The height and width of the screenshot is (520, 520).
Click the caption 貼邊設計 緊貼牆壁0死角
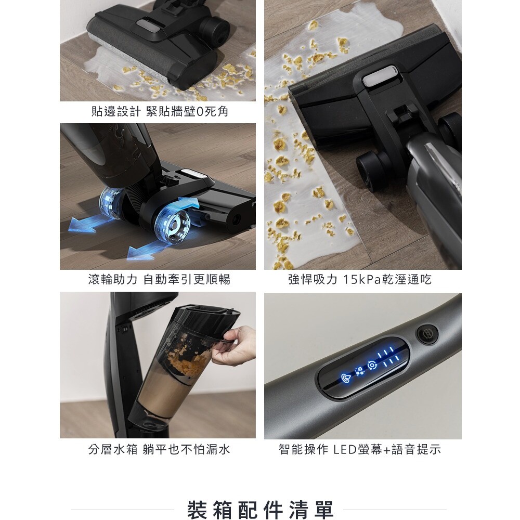pyautogui.click(x=160, y=111)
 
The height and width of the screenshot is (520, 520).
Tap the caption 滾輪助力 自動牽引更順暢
pyautogui.click(x=159, y=279)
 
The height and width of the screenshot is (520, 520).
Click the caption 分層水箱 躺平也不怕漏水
pyautogui.click(x=159, y=449)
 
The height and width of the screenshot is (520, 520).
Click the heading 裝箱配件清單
pyautogui.click(x=260, y=510)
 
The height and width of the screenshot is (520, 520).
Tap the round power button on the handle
pyautogui.click(x=427, y=334)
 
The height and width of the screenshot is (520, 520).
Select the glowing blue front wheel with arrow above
pyautogui.click(x=173, y=226)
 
